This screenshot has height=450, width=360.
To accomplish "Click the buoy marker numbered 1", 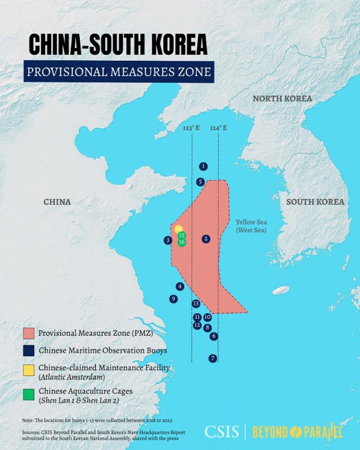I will (x=203, y=166).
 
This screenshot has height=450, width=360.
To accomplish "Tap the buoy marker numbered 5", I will (x=200, y=182).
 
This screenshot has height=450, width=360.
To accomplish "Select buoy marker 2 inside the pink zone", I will (x=206, y=239).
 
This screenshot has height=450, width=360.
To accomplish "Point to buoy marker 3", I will (x=168, y=241).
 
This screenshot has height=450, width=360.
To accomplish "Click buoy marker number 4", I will (x=180, y=286).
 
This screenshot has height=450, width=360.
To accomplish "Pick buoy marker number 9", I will (x=174, y=299).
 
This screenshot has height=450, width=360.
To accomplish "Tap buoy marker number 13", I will (x=196, y=304).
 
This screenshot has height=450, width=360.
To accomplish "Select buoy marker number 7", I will (x=212, y=358).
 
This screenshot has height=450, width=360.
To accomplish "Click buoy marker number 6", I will (x=214, y=336).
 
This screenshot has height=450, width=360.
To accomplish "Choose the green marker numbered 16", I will (x=182, y=242).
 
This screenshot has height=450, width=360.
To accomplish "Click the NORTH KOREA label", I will (x=282, y=98).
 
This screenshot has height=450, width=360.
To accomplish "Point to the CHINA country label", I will (x=57, y=201).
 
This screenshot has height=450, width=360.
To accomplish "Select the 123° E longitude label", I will (x=191, y=128).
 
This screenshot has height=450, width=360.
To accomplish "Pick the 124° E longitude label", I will (x=219, y=128).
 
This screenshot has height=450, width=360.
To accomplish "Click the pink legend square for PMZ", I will (x=28, y=333).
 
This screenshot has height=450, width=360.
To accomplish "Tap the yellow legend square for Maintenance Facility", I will (x=28, y=368).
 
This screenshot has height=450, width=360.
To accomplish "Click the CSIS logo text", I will (x=222, y=432).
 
